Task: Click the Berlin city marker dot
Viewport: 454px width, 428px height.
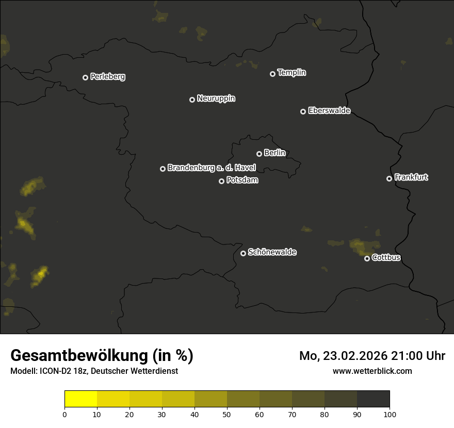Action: coord(259,154)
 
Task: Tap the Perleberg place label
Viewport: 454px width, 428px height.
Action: coord(107,77)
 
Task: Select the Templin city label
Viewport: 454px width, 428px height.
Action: coord(291,73)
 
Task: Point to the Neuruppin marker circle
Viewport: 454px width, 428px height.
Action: coord(192,100)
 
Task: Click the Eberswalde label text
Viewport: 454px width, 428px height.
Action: coord(329,110)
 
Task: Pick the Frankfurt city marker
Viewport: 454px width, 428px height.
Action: coord(389,178)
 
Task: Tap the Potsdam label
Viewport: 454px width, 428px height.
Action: coord(242,180)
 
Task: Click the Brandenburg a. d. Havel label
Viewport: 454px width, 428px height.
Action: coord(212,168)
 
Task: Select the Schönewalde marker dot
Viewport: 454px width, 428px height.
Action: coord(243,253)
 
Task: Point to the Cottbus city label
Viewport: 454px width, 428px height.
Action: coord(386,257)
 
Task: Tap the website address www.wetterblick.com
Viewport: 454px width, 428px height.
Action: coord(372,371)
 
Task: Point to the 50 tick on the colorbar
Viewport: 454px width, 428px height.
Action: coord(227,414)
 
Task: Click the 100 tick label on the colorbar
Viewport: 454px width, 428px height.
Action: coord(390,414)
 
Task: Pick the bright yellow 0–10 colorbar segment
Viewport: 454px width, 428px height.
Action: coord(81,399)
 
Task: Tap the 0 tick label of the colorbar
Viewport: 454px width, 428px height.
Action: coord(64,414)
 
